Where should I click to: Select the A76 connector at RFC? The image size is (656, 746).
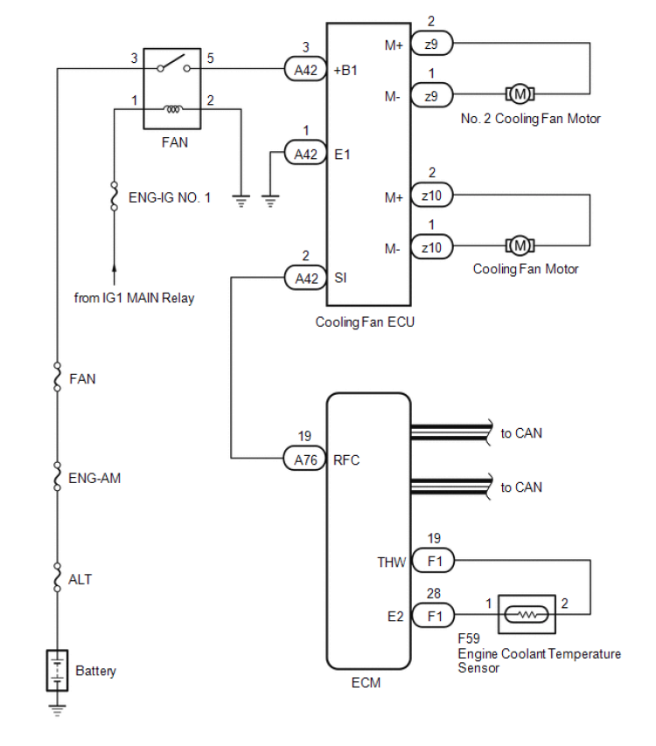click(305, 458)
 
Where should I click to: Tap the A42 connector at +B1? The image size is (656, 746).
click(305, 71)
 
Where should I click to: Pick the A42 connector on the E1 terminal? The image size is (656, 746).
click(305, 154)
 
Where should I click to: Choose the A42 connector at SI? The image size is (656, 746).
click(305, 279)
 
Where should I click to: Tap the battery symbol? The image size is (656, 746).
click(58, 671)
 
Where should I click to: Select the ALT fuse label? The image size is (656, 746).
click(80, 579)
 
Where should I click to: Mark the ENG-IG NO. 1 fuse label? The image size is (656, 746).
click(170, 197)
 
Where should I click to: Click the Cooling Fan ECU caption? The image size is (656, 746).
click(365, 321)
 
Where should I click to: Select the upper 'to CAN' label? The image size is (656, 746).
click(521, 432)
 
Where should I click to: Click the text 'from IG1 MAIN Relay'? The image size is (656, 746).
click(134, 298)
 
